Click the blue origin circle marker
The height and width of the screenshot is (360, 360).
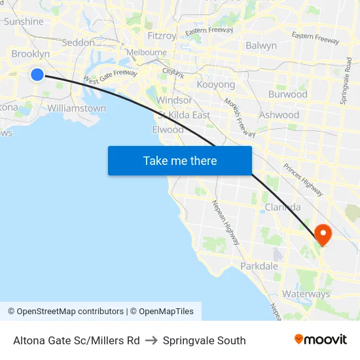click(x=37, y=75)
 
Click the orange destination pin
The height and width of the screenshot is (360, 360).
click(x=323, y=234)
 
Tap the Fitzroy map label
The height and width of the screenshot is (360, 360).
click(x=161, y=36)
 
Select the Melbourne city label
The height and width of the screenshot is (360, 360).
click(x=146, y=52)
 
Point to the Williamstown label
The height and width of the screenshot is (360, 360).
click(x=77, y=108)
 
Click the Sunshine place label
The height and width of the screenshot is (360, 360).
click(x=24, y=22)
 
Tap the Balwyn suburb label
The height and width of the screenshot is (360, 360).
click(x=261, y=46)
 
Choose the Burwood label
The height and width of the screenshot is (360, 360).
click(x=287, y=94)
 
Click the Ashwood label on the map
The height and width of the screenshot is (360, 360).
click(x=279, y=115)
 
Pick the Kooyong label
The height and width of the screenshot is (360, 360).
click(x=215, y=85)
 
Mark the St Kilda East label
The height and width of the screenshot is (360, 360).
click(x=184, y=115)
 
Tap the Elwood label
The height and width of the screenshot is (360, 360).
click(x=168, y=130)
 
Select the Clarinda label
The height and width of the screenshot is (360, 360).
click(x=283, y=207)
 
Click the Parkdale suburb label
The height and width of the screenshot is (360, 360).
click(x=259, y=266)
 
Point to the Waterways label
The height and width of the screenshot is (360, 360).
click(x=306, y=294)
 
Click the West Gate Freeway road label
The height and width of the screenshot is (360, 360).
click(x=110, y=77)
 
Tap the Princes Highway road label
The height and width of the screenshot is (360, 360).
click(x=302, y=179)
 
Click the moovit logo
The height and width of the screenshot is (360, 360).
click(x=320, y=339)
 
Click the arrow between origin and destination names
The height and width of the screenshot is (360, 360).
click(x=151, y=340)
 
